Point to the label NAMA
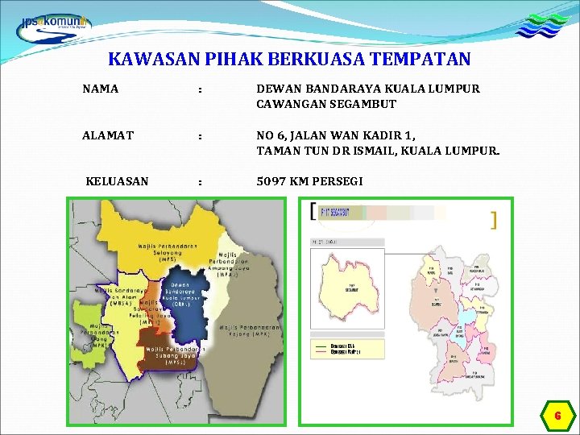click(x=100, y=89)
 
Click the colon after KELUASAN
click(x=200, y=181)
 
